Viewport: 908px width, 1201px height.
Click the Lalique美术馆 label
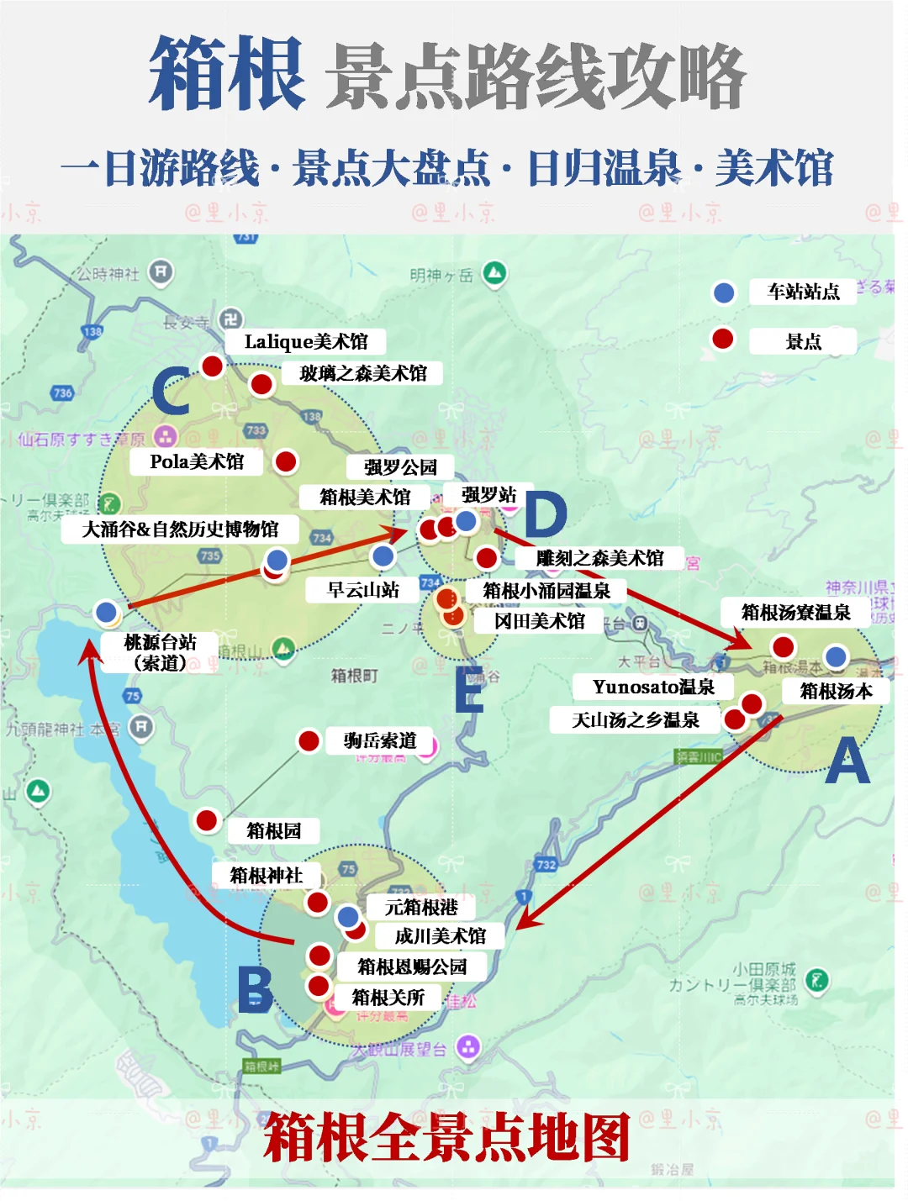click(306, 341)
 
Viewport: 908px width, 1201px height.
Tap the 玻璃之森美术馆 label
click(362, 373)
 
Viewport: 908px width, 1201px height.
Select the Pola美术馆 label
click(197, 461)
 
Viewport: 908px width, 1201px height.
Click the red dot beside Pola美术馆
click(286, 461)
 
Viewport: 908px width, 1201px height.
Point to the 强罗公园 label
click(400, 467)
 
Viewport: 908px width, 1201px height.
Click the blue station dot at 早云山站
click(383, 556)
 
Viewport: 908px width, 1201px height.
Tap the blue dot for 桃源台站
click(106, 612)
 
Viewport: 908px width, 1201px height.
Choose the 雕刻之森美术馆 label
click(599, 558)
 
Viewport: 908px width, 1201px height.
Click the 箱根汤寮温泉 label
click(795, 612)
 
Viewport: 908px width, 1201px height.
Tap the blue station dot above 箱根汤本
click(835, 656)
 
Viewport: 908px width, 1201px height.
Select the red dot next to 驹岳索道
click(309, 740)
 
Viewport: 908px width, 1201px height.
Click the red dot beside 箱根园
click(207, 820)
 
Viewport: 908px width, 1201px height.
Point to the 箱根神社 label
click(267, 875)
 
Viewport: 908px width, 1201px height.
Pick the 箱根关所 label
click(388, 998)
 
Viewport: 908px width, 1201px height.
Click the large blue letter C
click(171, 391)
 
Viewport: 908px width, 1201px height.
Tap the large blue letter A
click(847, 761)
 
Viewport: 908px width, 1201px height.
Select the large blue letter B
click(255, 989)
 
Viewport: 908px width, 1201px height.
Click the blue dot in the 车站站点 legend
click(723, 292)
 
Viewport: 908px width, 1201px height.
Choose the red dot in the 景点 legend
click(723, 339)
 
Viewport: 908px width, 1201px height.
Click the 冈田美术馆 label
click(539, 621)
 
